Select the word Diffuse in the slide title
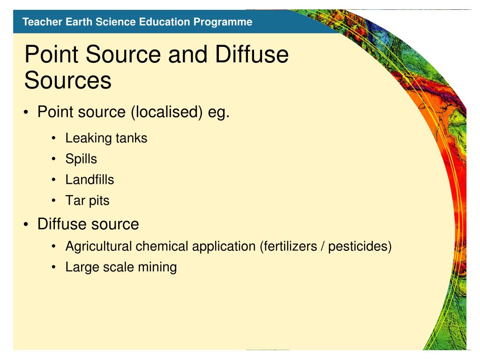point(252,55)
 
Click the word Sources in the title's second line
point(68,80)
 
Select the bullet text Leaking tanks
point(106,138)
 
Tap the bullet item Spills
point(81,159)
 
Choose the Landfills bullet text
point(90,180)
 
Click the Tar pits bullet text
point(87,201)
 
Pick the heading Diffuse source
point(88,224)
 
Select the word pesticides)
point(360,246)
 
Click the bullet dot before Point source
point(27,113)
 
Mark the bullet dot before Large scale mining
point(55,268)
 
